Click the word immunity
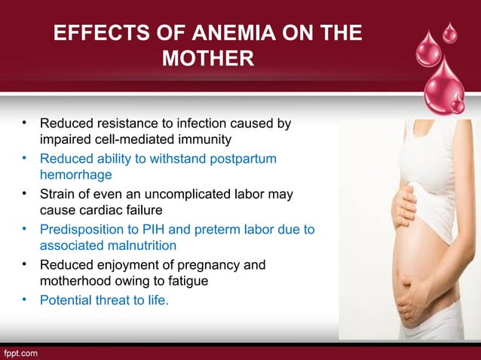point(197,139)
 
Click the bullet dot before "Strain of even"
point(25,194)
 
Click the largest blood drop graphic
point(446,87)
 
